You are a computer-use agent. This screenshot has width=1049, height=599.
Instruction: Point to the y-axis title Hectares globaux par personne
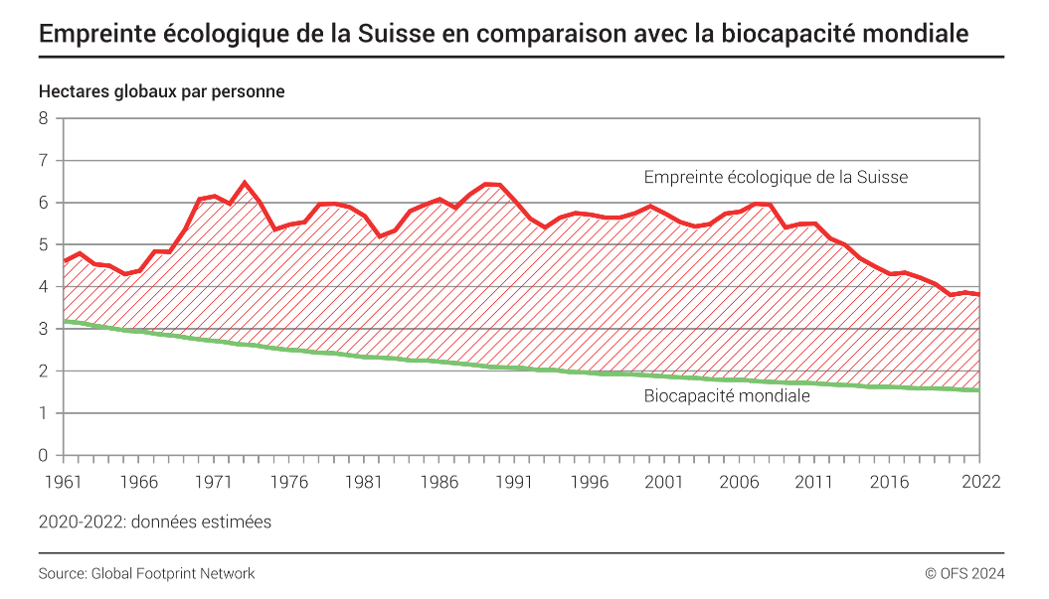tap(162, 91)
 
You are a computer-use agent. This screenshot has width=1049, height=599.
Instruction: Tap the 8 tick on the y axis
tap(43, 118)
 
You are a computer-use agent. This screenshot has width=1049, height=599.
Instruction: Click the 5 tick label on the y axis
tap(43, 244)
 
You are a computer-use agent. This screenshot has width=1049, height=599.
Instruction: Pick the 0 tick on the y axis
tap(43, 456)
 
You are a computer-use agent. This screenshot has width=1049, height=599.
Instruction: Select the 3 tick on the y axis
tap(43, 329)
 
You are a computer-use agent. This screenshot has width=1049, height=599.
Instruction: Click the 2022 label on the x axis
tap(980, 482)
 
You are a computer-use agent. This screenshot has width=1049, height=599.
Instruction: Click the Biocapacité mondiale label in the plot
tap(727, 396)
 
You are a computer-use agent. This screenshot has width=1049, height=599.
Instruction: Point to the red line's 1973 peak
tap(245, 183)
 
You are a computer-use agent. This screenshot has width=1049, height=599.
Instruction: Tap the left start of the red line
tap(64, 261)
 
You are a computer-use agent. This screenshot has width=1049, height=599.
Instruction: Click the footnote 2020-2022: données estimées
tap(155, 522)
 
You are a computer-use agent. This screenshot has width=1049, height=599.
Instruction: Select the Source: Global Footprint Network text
tap(147, 573)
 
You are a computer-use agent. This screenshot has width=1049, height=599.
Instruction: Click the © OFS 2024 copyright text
tap(964, 573)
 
